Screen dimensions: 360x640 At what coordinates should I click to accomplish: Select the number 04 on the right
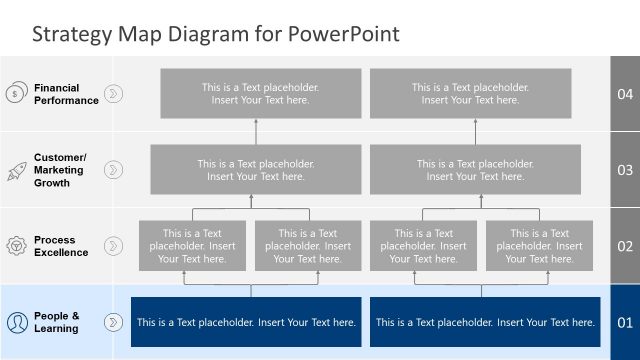[x=625, y=94]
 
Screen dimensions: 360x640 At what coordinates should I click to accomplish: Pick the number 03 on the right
[x=625, y=170]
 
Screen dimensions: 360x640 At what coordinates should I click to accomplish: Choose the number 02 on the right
[x=625, y=246]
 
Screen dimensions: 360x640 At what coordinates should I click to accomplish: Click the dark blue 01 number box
[x=625, y=322]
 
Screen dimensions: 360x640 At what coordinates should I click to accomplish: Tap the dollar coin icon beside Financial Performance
[x=16, y=94]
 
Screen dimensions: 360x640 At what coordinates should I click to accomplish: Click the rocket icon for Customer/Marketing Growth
[x=16, y=170]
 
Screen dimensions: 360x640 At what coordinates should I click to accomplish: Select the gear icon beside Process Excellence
[x=16, y=246]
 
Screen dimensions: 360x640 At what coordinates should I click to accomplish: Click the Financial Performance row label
[x=66, y=94]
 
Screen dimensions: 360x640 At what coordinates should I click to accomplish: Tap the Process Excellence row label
[x=61, y=246]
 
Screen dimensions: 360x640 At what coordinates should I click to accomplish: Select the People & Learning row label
[x=56, y=322]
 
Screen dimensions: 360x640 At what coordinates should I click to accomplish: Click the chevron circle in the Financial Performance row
[x=114, y=94]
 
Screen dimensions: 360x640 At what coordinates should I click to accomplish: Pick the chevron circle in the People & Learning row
[x=114, y=322]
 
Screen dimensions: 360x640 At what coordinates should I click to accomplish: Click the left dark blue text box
[x=246, y=322]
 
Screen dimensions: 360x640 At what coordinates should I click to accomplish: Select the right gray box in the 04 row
[x=470, y=94]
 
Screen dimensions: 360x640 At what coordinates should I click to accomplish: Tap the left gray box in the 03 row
[x=256, y=170]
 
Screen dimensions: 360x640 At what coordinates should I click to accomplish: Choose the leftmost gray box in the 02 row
[x=192, y=246]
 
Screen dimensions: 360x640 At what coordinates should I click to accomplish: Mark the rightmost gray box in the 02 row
[x=539, y=246]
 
